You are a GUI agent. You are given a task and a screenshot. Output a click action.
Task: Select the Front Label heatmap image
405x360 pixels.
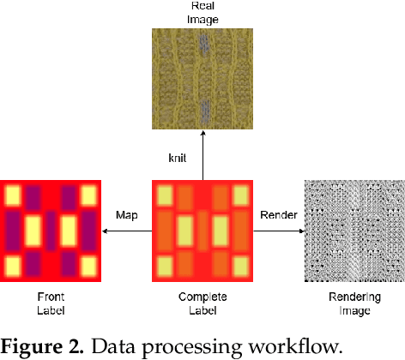click(x=51, y=231)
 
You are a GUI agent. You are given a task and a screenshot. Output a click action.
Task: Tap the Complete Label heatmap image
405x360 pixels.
click(x=202, y=231)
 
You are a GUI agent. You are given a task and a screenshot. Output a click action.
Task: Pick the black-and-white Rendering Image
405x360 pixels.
click(x=354, y=231)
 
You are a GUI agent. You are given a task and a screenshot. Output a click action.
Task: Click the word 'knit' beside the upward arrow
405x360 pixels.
click(x=178, y=158)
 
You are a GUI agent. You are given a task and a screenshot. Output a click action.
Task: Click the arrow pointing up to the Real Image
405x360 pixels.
click(x=202, y=154)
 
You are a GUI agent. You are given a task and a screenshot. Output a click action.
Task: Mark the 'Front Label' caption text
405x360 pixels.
click(x=51, y=303)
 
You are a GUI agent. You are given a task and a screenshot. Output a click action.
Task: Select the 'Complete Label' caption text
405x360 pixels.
click(x=202, y=303)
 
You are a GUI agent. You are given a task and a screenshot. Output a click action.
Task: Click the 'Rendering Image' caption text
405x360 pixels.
click(x=354, y=303)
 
